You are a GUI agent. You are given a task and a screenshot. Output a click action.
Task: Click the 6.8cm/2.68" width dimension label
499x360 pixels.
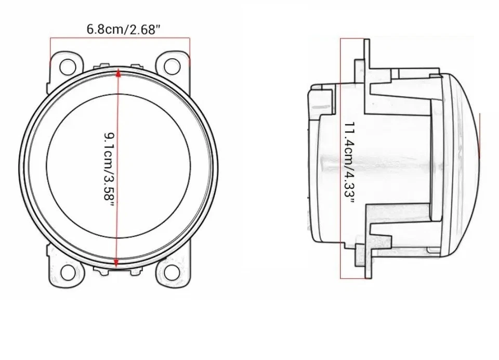tap(120, 29)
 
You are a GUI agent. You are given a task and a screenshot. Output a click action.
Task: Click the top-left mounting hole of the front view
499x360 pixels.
tap(68, 66)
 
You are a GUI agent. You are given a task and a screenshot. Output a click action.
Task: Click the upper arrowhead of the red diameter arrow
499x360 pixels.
tap(119, 73)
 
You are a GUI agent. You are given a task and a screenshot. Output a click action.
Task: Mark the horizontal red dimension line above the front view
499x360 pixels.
tap(120, 38)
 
